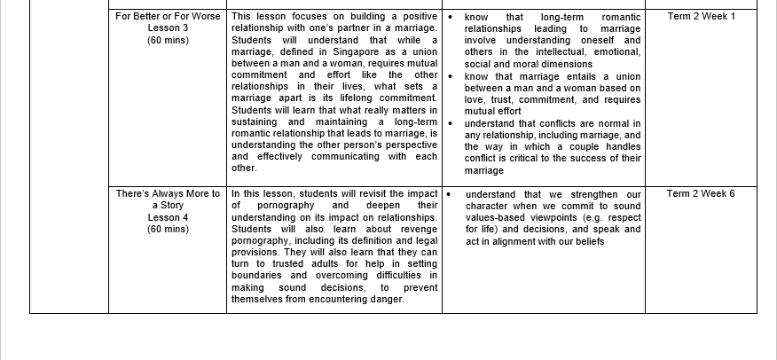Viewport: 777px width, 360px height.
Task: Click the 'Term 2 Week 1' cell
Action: [701, 17]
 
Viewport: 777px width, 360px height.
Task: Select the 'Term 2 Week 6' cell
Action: [701, 194]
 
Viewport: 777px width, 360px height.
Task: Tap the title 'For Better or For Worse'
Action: [168, 17]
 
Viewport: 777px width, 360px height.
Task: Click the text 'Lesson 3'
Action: [168, 28]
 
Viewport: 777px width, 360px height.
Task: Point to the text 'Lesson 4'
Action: [168, 217]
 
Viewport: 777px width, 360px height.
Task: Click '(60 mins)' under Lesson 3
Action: [168, 41]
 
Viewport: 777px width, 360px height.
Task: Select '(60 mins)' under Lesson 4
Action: [168, 229]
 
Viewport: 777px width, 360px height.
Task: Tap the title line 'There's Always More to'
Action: [168, 194]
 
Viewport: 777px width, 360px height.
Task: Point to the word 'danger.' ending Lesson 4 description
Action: [386, 299]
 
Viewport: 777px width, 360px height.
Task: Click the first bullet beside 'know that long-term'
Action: [451, 17]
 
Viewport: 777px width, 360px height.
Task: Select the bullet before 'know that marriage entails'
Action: [451, 76]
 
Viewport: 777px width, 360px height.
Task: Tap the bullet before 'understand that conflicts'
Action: [451, 123]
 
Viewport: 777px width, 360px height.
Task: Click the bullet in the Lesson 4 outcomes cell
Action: [451, 194]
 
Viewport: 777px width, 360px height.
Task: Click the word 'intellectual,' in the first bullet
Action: [543, 52]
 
